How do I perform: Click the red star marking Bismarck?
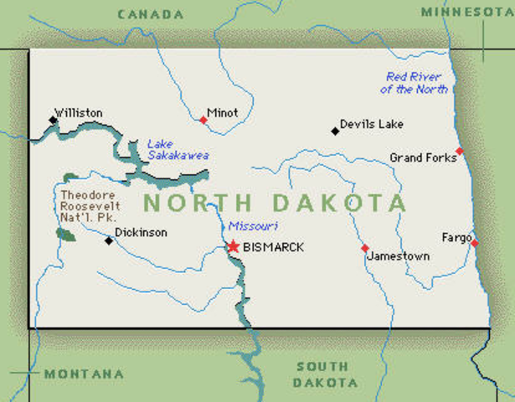[x=234, y=246]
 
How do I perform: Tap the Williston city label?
[x=78, y=112]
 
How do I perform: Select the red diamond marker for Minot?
[x=203, y=120]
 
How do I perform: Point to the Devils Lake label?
[x=371, y=124]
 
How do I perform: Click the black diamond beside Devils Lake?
[x=335, y=130]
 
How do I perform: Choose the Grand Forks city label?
[x=423, y=157]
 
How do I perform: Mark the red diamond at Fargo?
[x=475, y=243]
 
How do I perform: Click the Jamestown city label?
[x=398, y=256]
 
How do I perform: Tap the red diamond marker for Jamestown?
[x=364, y=248]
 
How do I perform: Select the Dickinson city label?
[x=141, y=232]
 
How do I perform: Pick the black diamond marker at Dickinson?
[x=108, y=240]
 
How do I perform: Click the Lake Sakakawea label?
[x=178, y=149]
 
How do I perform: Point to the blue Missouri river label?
[x=253, y=226]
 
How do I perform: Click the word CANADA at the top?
[x=151, y=14]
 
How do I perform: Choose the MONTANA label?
[x=84, y=374]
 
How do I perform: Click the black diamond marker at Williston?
[x=54, y=121]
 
